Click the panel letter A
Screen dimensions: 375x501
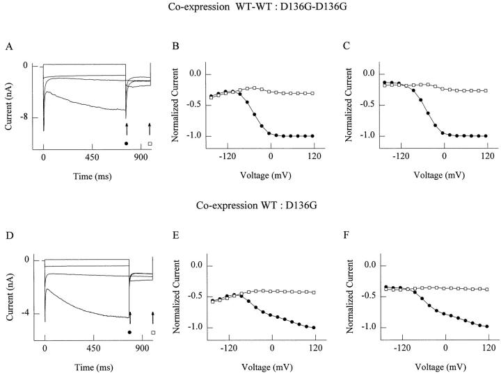point(8,47)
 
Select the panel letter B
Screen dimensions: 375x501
point(175,47)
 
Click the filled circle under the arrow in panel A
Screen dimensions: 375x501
point(126,143)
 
